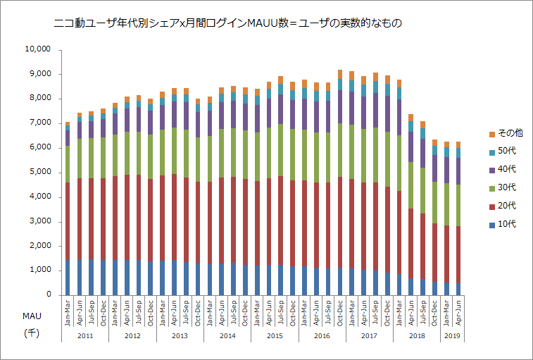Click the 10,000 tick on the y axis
37,49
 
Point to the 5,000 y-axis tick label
39,172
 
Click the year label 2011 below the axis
84,336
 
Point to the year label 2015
274,336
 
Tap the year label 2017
368,336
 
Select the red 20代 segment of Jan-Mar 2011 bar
68,221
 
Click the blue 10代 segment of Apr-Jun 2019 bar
458,289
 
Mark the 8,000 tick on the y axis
39,99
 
